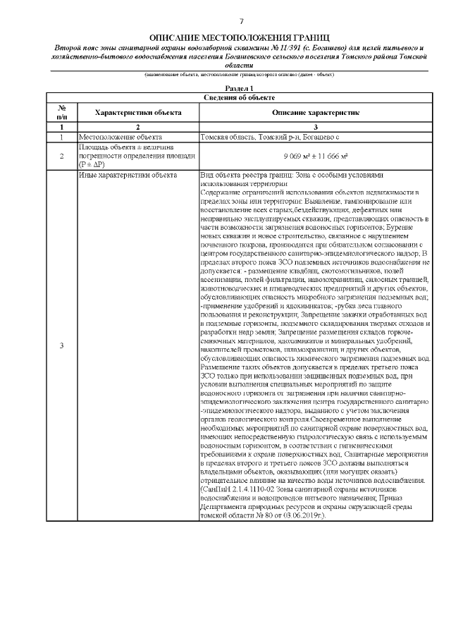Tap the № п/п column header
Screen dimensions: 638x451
tap(61, 112)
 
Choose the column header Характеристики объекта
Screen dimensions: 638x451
tap(138, 112)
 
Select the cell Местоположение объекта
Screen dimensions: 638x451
tap(121, 136)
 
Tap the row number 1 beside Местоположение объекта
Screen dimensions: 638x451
tap(61, 136)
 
